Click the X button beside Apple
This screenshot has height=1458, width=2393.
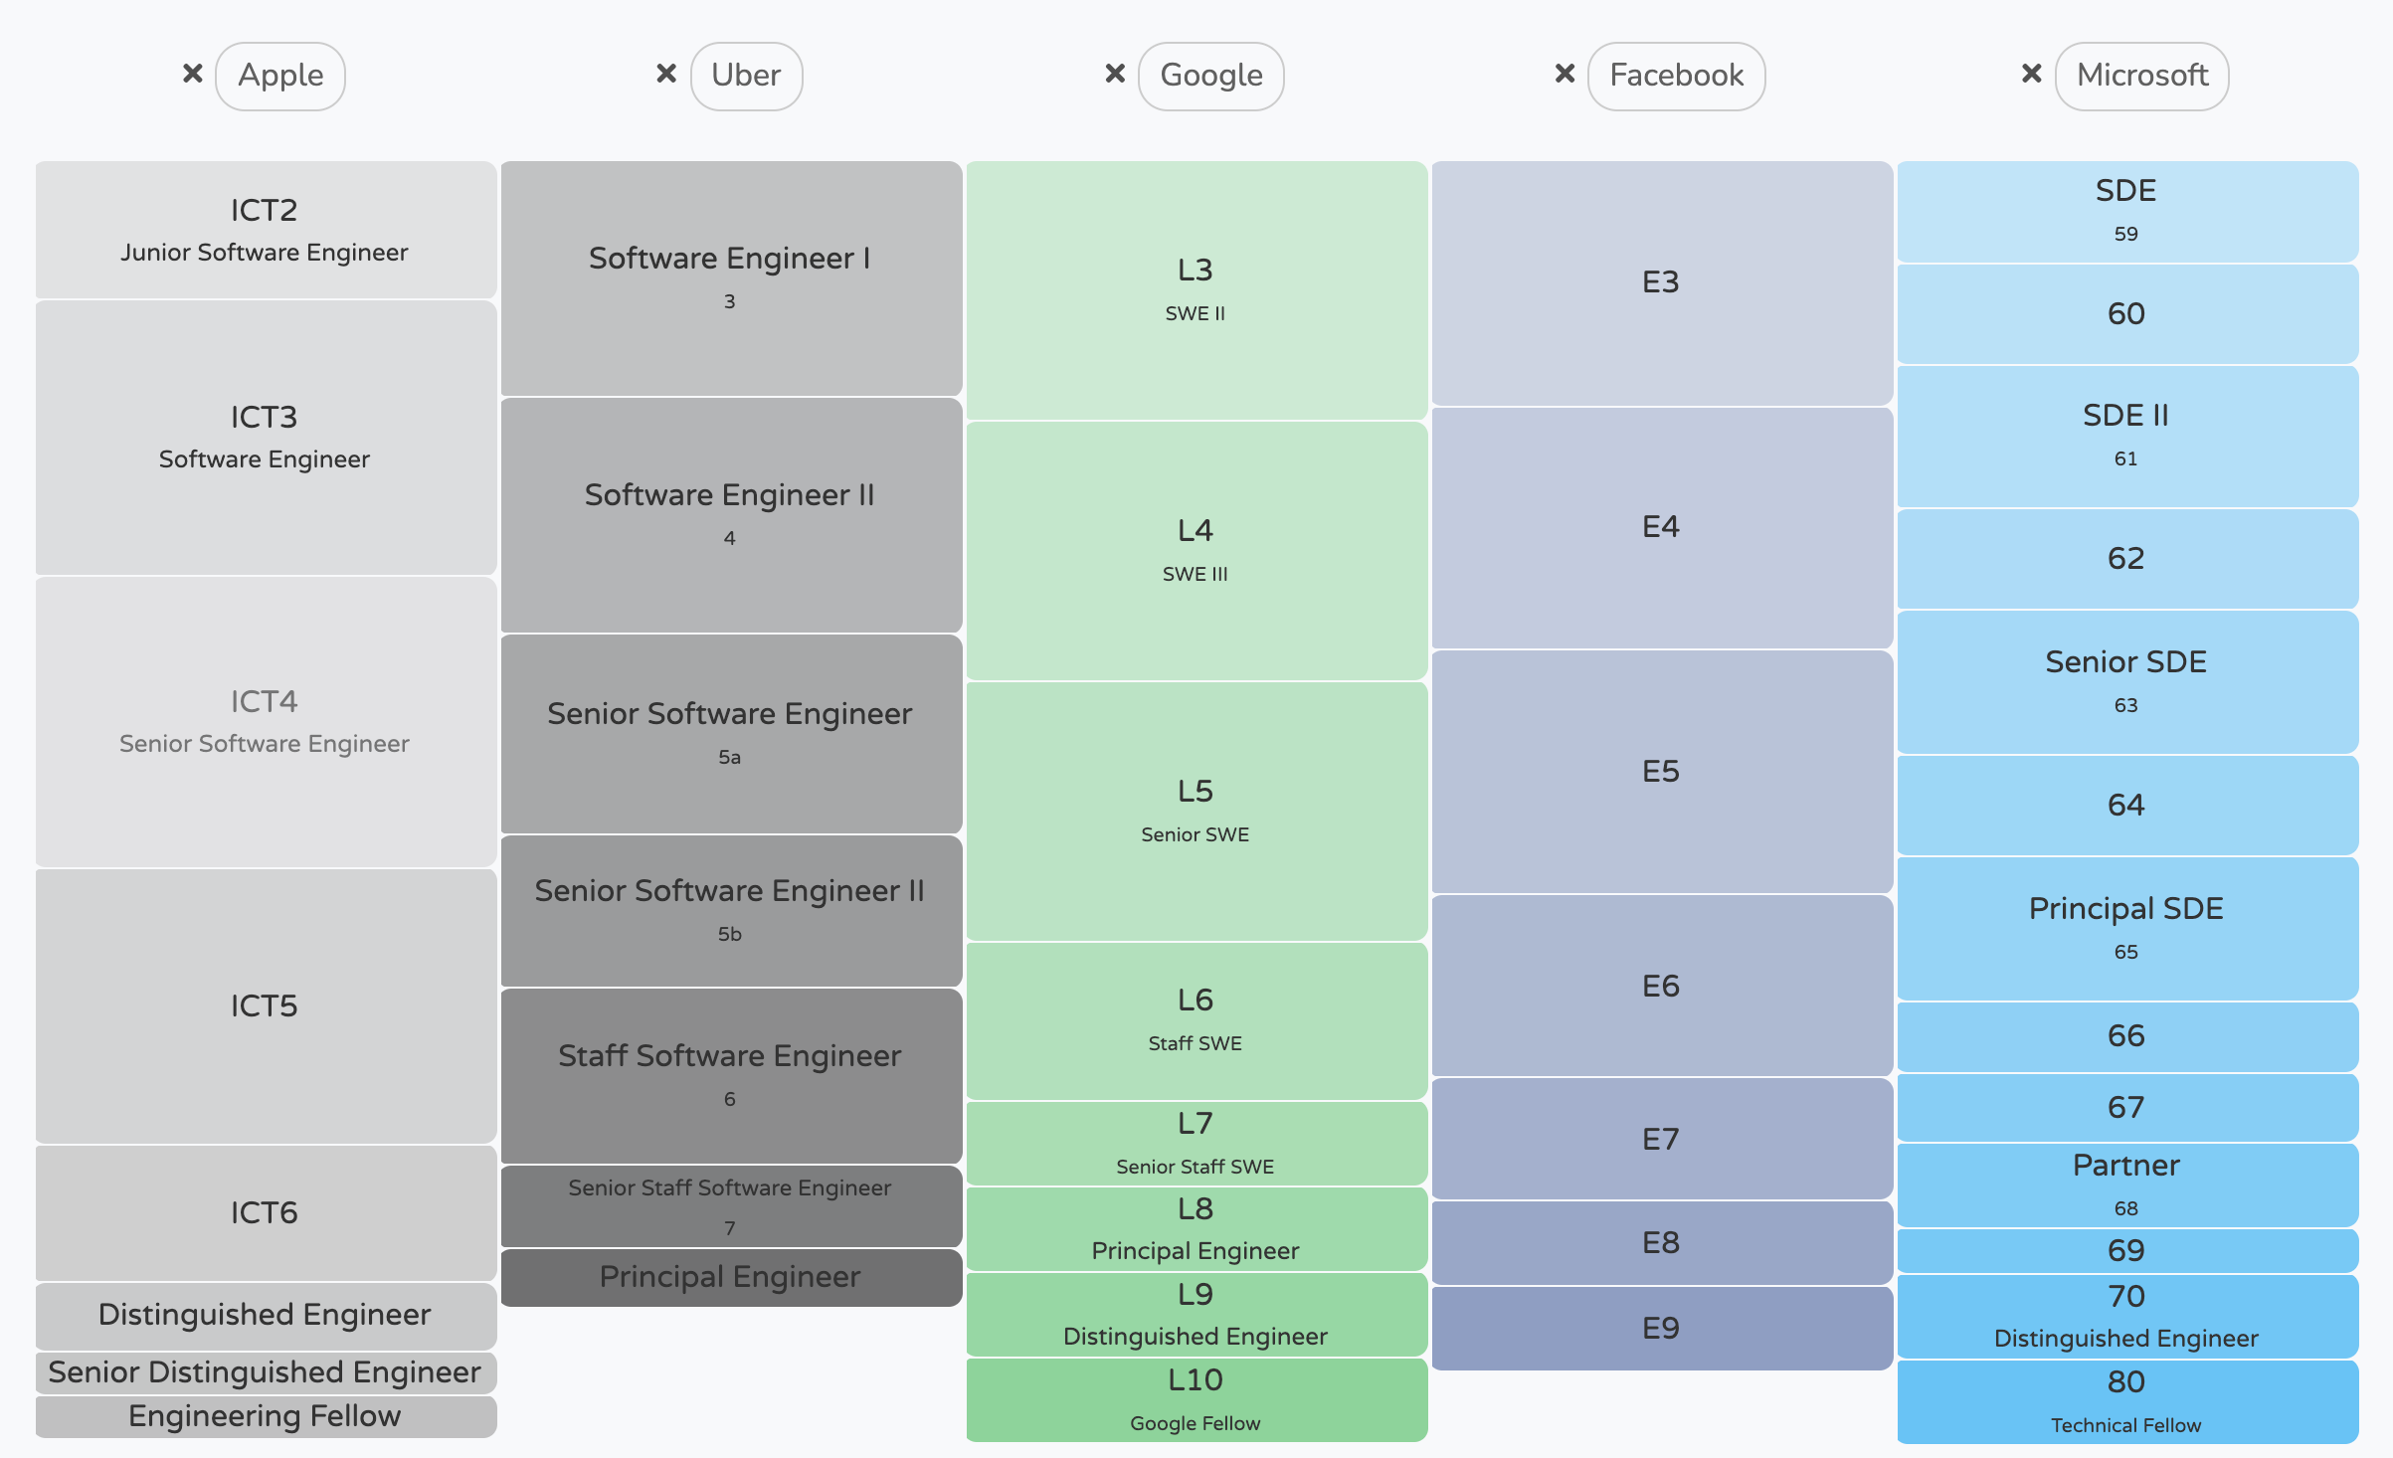pos(193,74)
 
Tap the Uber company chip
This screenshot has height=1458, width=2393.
pos(746,76)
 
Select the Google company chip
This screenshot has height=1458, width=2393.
pos(1210,76)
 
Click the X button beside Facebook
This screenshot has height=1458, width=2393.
pos(1565,74)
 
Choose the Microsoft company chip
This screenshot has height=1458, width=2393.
pos(2141,76)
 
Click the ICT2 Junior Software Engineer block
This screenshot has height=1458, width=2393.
pos(265,230)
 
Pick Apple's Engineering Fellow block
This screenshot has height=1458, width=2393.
pos(265,1416)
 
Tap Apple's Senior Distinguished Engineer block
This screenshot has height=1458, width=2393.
pos(265,1372)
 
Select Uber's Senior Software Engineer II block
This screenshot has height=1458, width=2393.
pos(730,910)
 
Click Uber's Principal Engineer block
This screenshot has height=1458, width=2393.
pos(730,1277)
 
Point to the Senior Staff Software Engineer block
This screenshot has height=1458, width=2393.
pos(730,1205)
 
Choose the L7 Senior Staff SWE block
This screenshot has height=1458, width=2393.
pos(1196,1143)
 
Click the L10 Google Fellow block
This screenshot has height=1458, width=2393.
pos(1196,1399)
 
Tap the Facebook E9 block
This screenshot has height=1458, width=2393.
pos(1661,1328)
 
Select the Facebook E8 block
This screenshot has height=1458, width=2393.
pos(1661,1242)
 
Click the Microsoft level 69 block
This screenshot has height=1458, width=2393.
pos(2126,1250)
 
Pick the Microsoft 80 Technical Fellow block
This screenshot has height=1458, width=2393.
pos(2126,1400)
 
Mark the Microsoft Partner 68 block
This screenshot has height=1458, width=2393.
pos(2126,1185)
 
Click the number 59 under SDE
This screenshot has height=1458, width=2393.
pos(2126,235)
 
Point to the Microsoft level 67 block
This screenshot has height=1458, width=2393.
pos(2126,1107)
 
